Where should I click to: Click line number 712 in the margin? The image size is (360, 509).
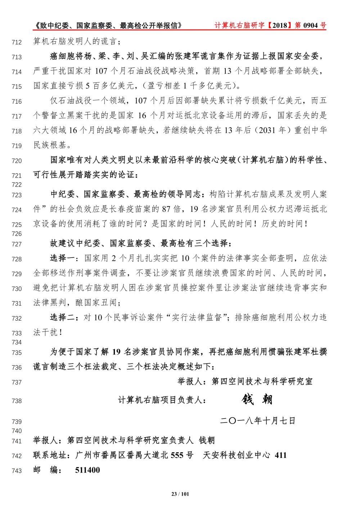click(x=17, y=43)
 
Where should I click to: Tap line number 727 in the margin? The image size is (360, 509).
click(x=17, y=244)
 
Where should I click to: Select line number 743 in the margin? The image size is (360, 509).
click(x=17, y=471)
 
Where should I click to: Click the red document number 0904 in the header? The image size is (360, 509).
click(x=311, y=25)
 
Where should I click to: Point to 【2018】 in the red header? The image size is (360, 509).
click(x=280, y=25)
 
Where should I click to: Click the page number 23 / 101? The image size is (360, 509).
click(x=180, y=494)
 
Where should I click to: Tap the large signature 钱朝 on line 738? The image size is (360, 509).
click(x=257, y=399)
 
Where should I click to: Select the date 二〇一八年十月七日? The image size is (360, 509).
click(x=257, y=421)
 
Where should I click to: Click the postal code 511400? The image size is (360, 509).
click(x=87, y=470)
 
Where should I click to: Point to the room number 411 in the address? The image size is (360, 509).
click(x=280, y=455)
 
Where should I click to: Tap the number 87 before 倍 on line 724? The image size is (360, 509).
click(x=166, y=209)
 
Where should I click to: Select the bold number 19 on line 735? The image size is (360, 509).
click(x=116, y=352)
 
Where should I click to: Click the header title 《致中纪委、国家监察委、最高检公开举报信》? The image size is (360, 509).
click(x=107, y=25)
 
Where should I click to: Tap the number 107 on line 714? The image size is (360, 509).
click(x=101, y=71)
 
